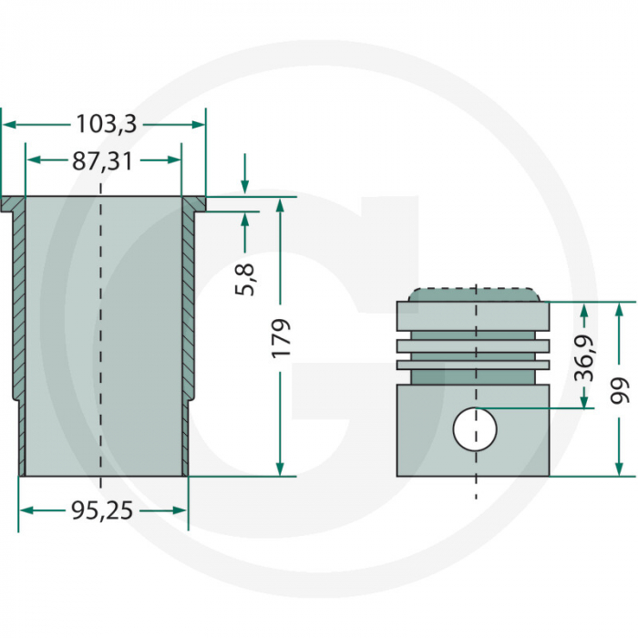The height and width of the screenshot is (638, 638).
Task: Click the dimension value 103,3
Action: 106,123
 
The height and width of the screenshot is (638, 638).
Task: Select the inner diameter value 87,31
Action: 102,161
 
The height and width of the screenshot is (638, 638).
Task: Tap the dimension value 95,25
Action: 102,511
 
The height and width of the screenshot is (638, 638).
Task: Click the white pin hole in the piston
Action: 475,428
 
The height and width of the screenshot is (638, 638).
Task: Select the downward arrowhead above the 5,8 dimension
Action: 244,186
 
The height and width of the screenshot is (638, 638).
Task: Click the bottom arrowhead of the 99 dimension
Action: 620,468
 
